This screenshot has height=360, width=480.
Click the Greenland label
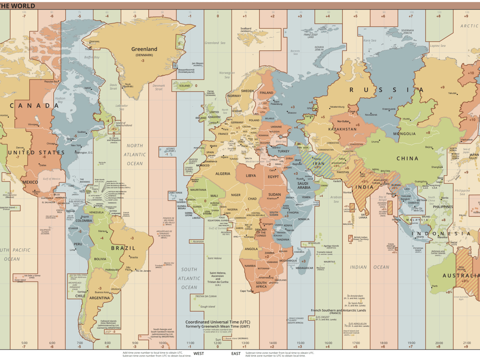(144, 49)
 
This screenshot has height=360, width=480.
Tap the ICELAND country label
(184, 86)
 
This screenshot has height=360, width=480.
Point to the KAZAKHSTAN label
(342, 129)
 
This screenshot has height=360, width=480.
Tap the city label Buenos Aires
(101, 292)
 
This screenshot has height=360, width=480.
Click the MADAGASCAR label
(305, 268)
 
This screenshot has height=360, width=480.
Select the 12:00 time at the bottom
(218, 343)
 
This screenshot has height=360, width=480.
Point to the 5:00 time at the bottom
(24, 343)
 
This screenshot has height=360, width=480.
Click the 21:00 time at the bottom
(466, 343)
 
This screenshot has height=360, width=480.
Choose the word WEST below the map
(198, 354)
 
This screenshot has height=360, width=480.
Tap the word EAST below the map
(236, 354)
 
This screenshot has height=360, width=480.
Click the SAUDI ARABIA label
(304, 185)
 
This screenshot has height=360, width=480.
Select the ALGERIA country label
(223, 174)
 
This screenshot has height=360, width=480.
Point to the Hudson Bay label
(60, 100)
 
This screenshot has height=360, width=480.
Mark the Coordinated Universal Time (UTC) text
(217, 322)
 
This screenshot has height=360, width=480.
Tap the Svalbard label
(246, 29)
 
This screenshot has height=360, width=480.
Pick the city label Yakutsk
(452, 93)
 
